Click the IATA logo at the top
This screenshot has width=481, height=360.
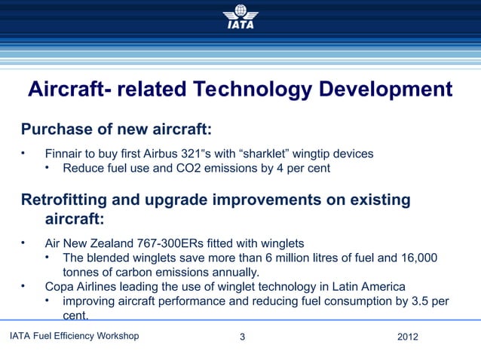[x=240, y=17]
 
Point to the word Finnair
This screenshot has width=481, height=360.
[x=65, y=154]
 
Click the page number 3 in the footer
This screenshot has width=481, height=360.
[x=241, y=336]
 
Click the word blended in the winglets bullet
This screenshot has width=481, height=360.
[x=108, y=258]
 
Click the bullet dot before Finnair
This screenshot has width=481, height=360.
[x=24, y=154]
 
